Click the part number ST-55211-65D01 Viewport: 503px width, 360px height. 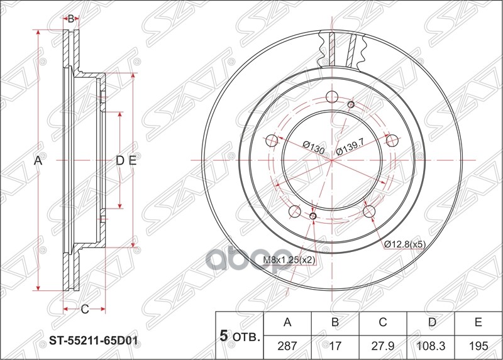(x=94, y=343)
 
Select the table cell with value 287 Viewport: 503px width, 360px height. (x=287, y=346)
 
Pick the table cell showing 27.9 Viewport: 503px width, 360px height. (x=383, y=346)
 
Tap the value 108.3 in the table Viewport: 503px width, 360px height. (x=431, y=346)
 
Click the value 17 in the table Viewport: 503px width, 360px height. (x=335, y=346)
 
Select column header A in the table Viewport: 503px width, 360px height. (x=287, y=323)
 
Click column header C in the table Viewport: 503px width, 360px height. (x=383, y=323)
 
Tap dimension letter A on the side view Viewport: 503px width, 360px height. (x=38, y=161)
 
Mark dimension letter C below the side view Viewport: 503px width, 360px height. (x=84, y=308)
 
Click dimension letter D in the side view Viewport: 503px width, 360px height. (x=119, y=161)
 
